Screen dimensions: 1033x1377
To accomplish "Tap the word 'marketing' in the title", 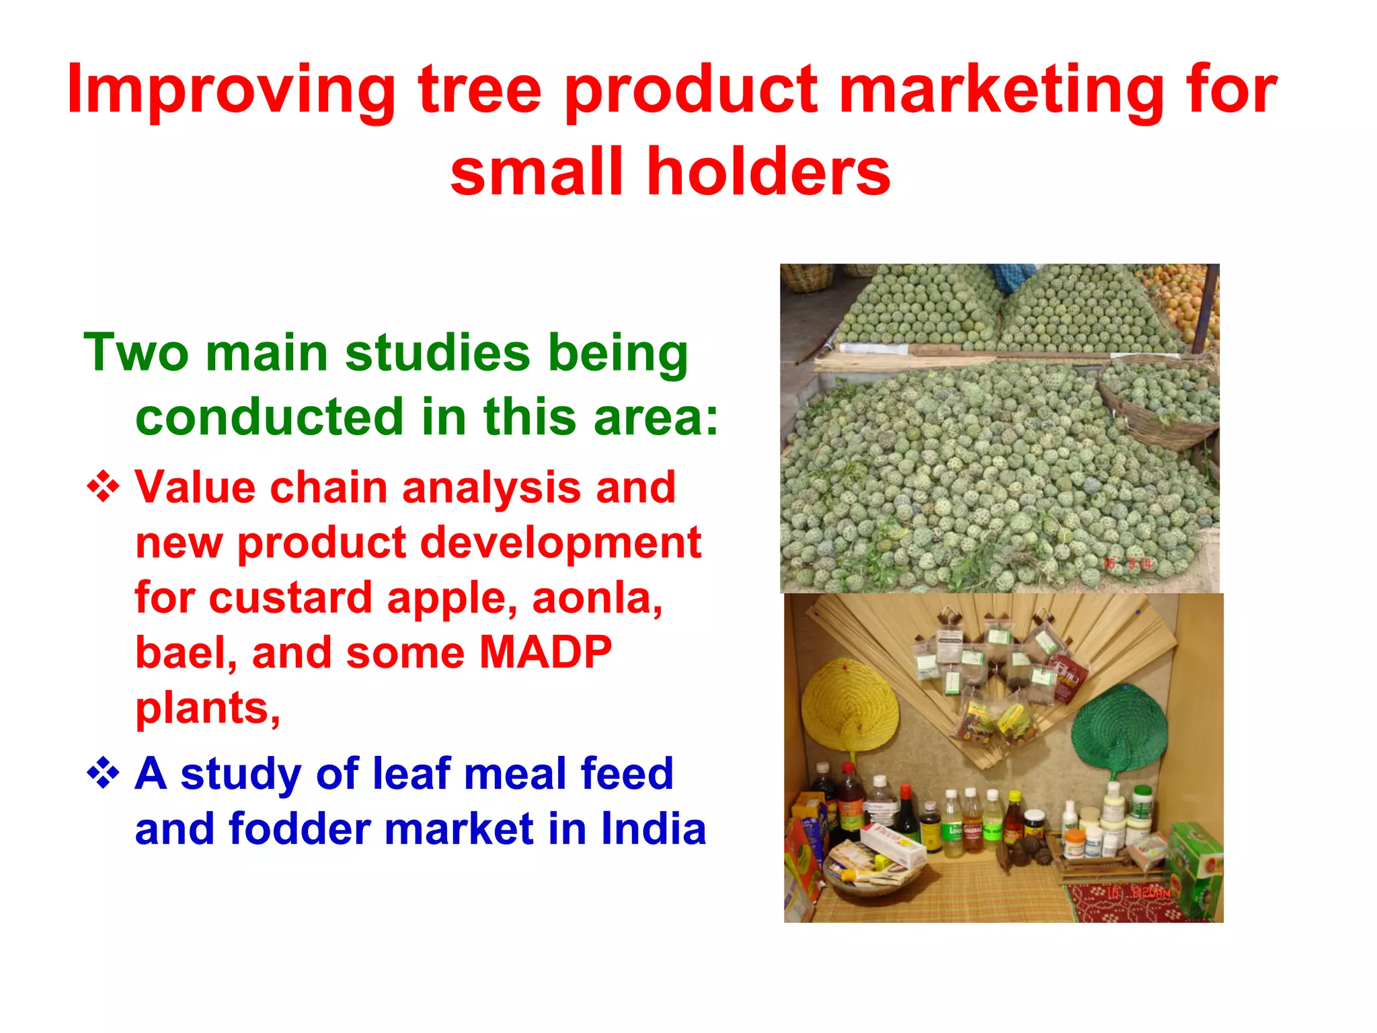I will tap(1002, 89).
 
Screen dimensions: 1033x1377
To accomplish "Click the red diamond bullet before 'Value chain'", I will tap(103, 487).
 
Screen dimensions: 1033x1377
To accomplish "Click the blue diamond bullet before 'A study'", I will tap(103, 773).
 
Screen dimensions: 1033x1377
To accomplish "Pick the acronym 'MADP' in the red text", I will tap(545, 652).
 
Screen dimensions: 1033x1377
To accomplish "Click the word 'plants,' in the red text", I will tap(208, 707).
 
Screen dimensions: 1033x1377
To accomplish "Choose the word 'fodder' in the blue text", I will tap(299, 829).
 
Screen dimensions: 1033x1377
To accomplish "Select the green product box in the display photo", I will tap(1197, 868).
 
